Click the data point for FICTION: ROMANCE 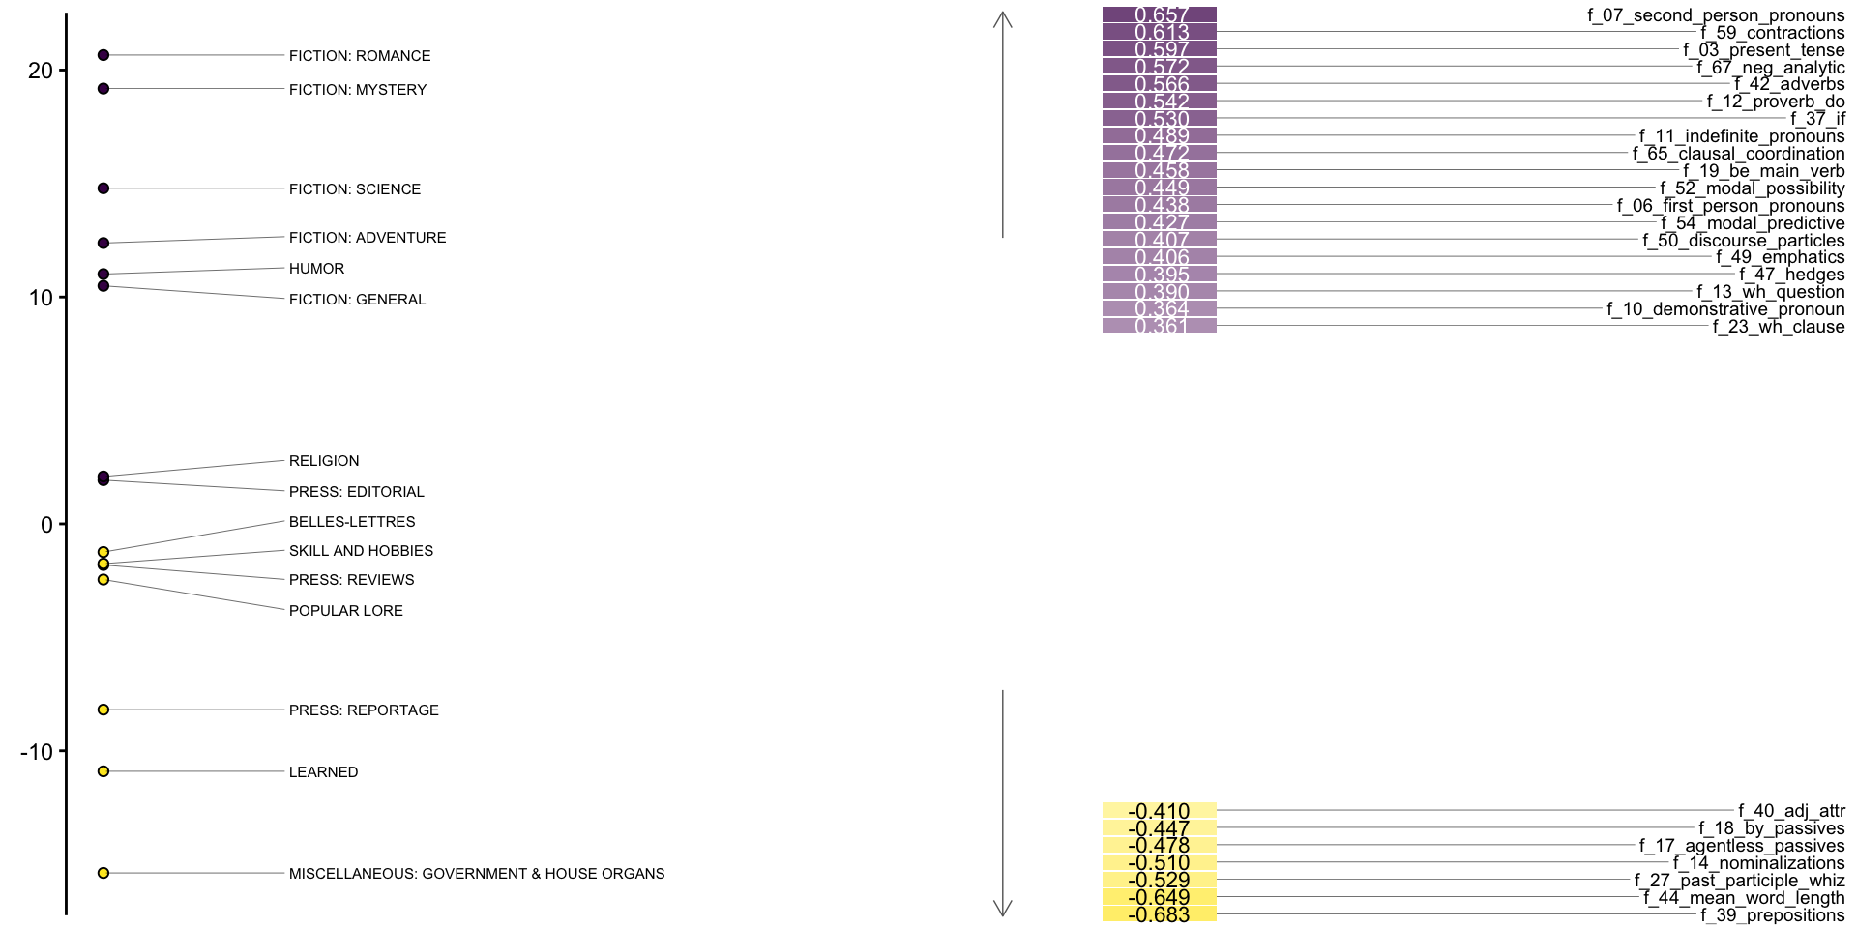point(103,55)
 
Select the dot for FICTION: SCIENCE point(103,188)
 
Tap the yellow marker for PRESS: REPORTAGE point(103,710)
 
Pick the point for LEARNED point(103,771)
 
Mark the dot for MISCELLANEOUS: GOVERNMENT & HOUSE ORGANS point(103,873)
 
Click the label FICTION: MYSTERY point(357,90)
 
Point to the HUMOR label point(316,269)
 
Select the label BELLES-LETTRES point(352,522)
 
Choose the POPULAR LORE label point(345,611)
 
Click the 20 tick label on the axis point(40,71)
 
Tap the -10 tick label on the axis point(37,751)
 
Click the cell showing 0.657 point(1159,15)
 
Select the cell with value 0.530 point(1159,119)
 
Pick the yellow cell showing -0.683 point(1159,914)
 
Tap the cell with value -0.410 point(1159,811)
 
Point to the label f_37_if point(1817,119)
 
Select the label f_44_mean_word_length point(1744,898)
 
